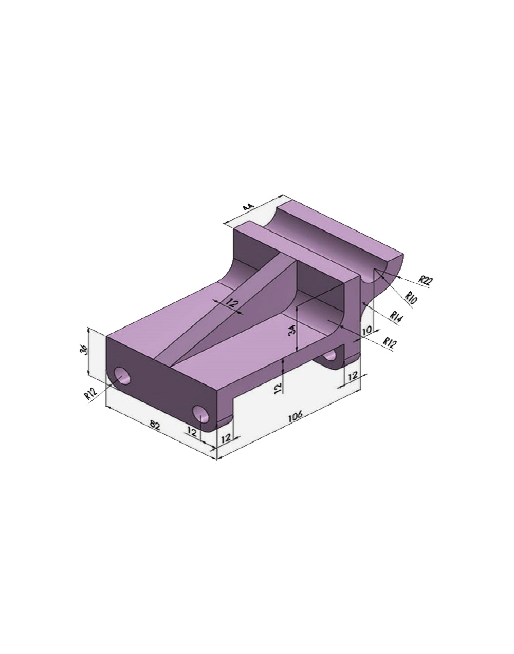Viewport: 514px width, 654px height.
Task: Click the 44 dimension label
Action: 249,208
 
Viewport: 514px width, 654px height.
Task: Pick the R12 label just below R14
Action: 390,342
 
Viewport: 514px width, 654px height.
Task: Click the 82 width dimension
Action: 155,425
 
